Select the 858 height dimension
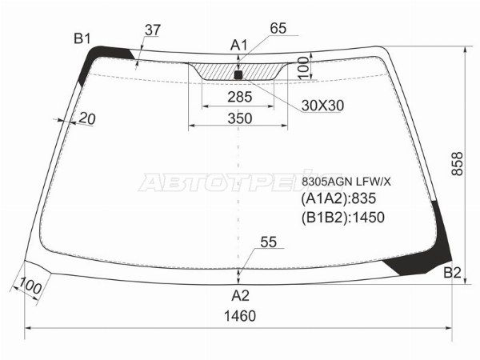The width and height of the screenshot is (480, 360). pos(457,164)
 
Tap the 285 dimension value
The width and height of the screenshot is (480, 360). pos(239,97)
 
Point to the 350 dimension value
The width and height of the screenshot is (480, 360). pos(239,118)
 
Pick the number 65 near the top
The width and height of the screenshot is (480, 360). pos(278,29)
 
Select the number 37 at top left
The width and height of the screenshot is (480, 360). pos(152,30)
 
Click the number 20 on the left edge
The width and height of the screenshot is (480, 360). pos(87,119)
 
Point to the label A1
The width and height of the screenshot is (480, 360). pos(239,45)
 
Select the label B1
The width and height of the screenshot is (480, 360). pos(82,38)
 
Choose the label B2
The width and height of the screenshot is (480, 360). pos(452,274)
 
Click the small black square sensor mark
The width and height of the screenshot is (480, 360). pos(238,75)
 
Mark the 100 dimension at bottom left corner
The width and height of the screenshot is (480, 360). pos(30,284)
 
